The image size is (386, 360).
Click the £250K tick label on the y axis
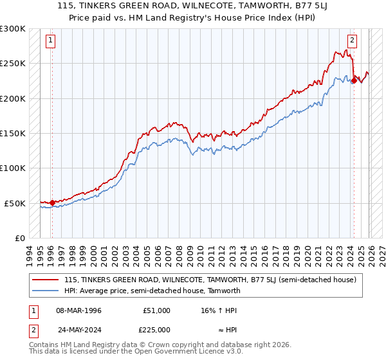pos(13,64)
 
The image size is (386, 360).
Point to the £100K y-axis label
pos(13,168)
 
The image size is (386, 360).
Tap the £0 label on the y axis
pos(19,238)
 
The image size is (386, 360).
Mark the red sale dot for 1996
pos(52,203)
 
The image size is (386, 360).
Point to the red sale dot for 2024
pos(353,81)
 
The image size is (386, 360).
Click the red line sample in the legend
pos(45,280)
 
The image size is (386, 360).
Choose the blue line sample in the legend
pos(45,291)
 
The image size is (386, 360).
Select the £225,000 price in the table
pos(156,330)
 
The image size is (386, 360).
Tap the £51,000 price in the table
pos(156,310)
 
